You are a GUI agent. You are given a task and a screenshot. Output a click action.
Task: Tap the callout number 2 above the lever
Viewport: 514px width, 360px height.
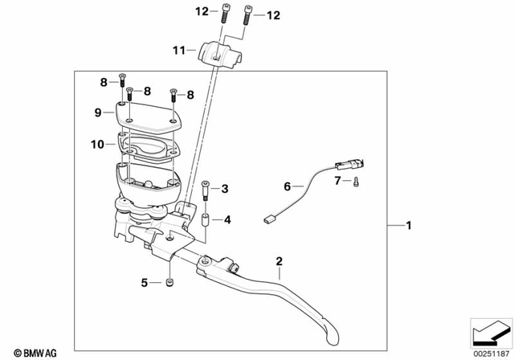pos(279,261)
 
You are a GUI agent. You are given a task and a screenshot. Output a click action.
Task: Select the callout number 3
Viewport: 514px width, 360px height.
pos(225,189)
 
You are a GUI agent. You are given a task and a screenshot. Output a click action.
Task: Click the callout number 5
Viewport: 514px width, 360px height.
pos(145,282)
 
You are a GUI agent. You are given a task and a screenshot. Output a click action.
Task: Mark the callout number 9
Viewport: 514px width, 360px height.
pos(98,113)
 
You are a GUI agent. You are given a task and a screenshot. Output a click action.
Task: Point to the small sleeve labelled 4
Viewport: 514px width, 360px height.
pos(207,219)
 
